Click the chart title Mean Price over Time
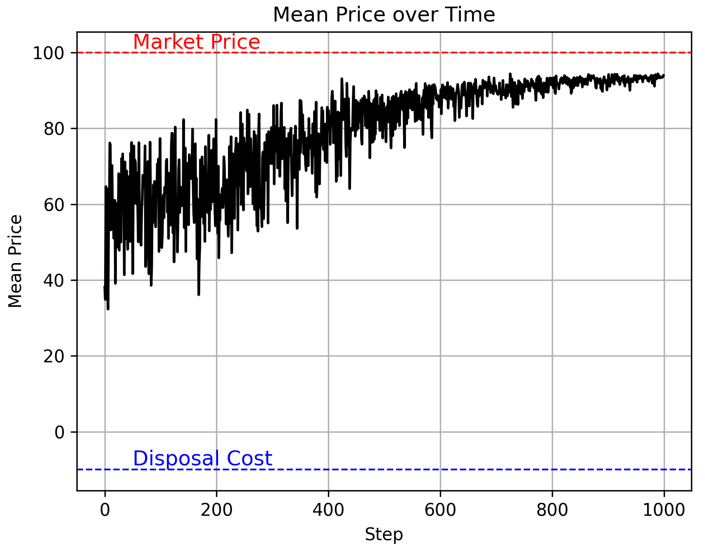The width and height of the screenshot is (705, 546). click(384, 15)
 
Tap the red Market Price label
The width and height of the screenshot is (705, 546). click(197, 42)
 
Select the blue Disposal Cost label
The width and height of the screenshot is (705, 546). click(202, 458)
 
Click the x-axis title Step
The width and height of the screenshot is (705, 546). click(384, 534)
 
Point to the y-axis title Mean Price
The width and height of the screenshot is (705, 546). click(15, 261)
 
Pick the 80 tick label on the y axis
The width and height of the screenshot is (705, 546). click(54, 129)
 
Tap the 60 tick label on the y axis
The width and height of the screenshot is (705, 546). click(54, 205)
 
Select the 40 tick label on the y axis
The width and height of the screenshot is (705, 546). click(54, 280)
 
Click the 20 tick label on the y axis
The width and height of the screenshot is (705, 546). click(54, 356)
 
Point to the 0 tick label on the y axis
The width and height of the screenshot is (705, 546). click(60, 432)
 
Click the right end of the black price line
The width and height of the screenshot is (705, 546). click(664, 76)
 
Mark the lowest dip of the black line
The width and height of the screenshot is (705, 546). click(108, 309)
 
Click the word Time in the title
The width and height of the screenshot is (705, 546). click(475, 15)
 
